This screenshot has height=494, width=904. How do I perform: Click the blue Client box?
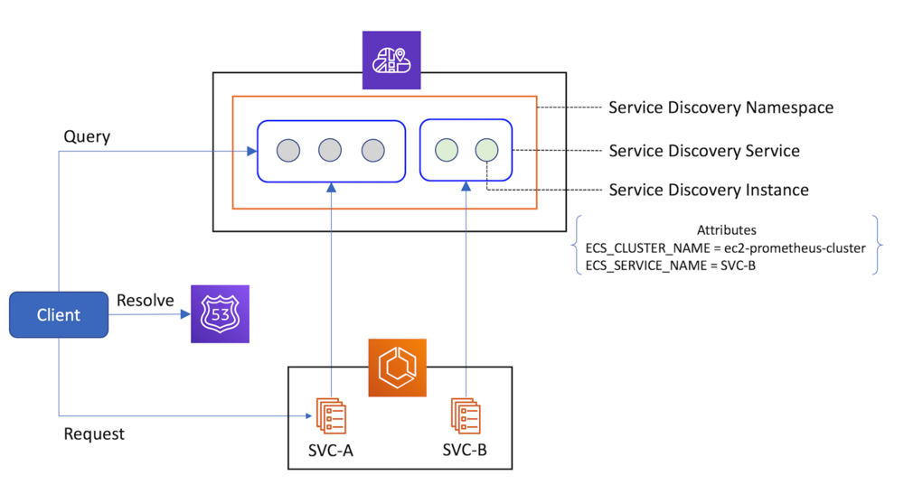[x=59, y=315]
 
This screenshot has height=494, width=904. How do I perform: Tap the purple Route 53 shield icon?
[x=220, y=314]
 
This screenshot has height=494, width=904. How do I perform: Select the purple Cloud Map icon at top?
[x=391, y=61]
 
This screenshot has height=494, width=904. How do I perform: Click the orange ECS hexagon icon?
[x=397, y=368]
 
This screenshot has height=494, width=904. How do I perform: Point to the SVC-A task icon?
[x=331, y=415]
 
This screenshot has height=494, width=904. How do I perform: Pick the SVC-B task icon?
[x=465, y=415]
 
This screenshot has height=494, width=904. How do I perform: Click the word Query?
[x=87, y=136]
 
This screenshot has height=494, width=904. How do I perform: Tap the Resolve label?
[x=145, y=300]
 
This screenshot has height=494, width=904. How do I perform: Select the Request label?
[x=94, y=433]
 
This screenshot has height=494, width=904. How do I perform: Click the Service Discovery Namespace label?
[x=720, y=107]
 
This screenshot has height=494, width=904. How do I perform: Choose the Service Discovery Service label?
[x=703, y=150]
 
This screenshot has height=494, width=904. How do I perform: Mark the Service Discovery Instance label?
[x=708, y=190]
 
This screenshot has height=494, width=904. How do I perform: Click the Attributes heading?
[x=726, y=230]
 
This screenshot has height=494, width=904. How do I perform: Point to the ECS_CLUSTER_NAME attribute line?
[x=725, y=248]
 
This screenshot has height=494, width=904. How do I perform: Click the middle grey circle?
[x=330, y=150]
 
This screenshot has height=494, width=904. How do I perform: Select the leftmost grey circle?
[x=287, y=150]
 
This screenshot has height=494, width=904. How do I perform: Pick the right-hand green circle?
[x=486, y=150]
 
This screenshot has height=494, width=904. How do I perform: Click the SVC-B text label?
[x=465, y=450]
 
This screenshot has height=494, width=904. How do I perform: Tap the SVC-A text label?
[x=331, y=450]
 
